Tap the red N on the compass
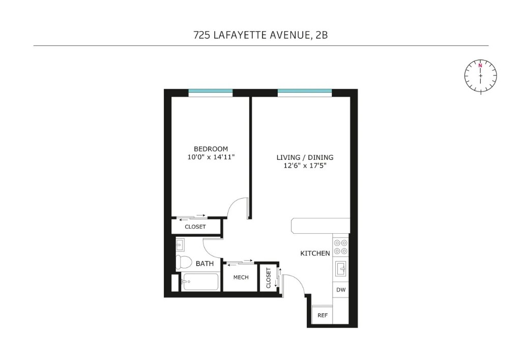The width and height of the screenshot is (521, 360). pyautogui.click(x=480, y=66)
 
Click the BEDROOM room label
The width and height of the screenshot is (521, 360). pyautogui.click(x=211, y=149)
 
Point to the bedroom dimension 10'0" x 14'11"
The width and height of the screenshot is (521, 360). pyautogui.click(x=211, y=157)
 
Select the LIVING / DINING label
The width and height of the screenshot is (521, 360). pyautogui.click(x=305, y=157)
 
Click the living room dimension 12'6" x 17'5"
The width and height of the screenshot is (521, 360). pyautogui.click(x=305, y=166)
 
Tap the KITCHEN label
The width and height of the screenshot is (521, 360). pyautogui.click(x=315, y=253)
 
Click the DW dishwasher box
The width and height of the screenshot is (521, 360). pyautogui.click(x=341, y=290)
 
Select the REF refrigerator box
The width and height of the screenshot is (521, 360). pyautogui.click(x=323, y=315)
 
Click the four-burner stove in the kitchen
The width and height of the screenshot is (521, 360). pyautogui.click(x=341, y=247)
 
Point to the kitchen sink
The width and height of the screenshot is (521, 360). pyautogui.click(x=341, y=267)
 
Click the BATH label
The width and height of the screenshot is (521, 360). pyautogui.click(x=205, y=264)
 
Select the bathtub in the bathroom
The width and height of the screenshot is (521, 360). pyautogui.click(x=200, y=282)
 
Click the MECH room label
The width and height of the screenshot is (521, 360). pyautogui.click(x=241, y=278)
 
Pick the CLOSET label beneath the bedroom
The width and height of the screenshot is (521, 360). pyautogui.click(x=195, y=227)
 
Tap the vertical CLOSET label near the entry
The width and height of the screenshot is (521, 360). pyautogui.click(x=268, y=278)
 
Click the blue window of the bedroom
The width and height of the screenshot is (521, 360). pyautogui.click(x=211, y=92)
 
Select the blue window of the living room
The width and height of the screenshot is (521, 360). pyautogui.click(x=304, y=92)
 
